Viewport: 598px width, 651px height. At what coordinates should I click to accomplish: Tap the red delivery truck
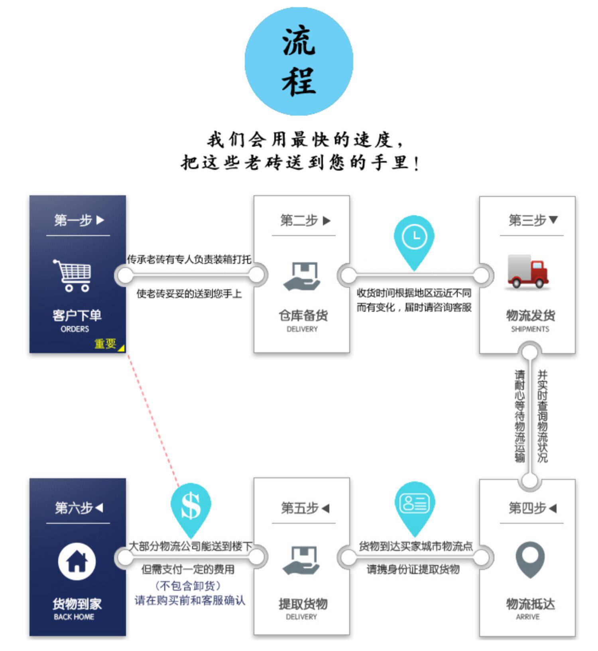527,271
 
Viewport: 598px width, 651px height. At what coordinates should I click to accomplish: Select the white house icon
77,561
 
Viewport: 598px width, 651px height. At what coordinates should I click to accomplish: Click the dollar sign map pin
191,507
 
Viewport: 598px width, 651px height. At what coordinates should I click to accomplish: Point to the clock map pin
414,239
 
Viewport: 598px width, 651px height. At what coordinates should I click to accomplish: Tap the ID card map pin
414,505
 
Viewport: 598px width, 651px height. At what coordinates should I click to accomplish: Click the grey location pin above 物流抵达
530,559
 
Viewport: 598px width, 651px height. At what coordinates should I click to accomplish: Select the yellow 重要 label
106,343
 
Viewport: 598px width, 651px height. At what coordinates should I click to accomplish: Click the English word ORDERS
75,329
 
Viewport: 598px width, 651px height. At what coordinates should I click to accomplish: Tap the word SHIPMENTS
530,329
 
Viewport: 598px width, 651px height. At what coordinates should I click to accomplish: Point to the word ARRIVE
527,617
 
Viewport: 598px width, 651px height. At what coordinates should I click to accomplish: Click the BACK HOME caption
74,617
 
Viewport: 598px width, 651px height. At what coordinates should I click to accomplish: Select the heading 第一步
73,220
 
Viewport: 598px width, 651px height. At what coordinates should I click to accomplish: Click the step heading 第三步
527,220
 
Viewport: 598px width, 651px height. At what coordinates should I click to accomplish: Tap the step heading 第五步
300,508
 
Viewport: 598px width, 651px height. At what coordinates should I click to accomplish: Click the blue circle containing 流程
299,61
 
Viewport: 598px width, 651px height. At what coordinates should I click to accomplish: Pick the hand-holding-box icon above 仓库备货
302,276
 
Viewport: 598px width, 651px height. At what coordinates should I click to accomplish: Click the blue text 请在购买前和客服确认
190,600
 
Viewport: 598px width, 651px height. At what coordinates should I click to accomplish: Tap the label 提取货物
303,604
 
